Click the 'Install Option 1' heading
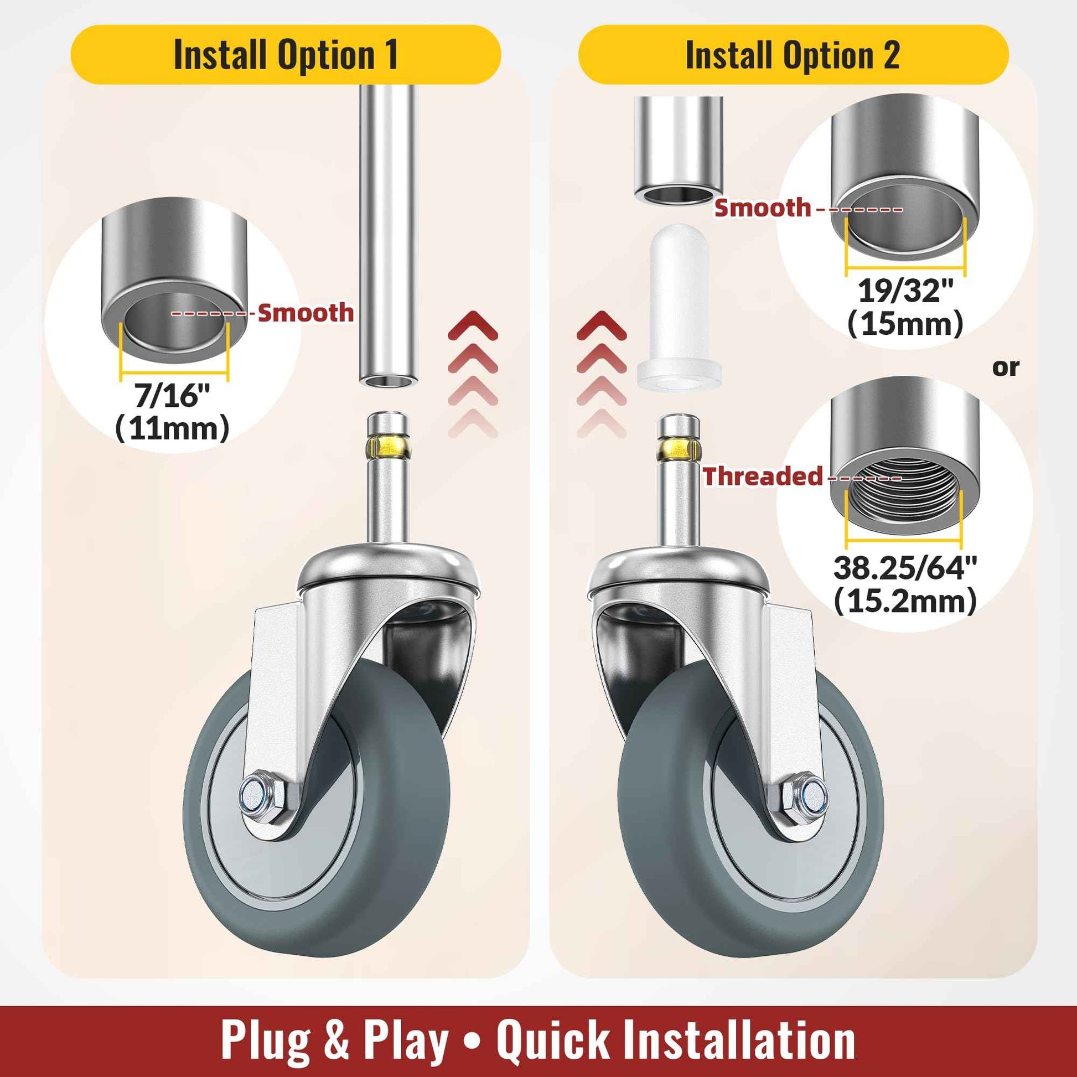click(x=286, y=55)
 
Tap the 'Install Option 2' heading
click(x=793, y=55)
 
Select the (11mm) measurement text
click(x=173, y=429)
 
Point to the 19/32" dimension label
click(x=906, y=291)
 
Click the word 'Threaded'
click(x=763, y=476)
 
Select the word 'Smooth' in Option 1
click(x=306, y=313)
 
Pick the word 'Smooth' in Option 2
click(x=763, y=208)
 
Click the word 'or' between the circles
click(x=1006, y=367)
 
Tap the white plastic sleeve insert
click(x=679, y=310)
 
